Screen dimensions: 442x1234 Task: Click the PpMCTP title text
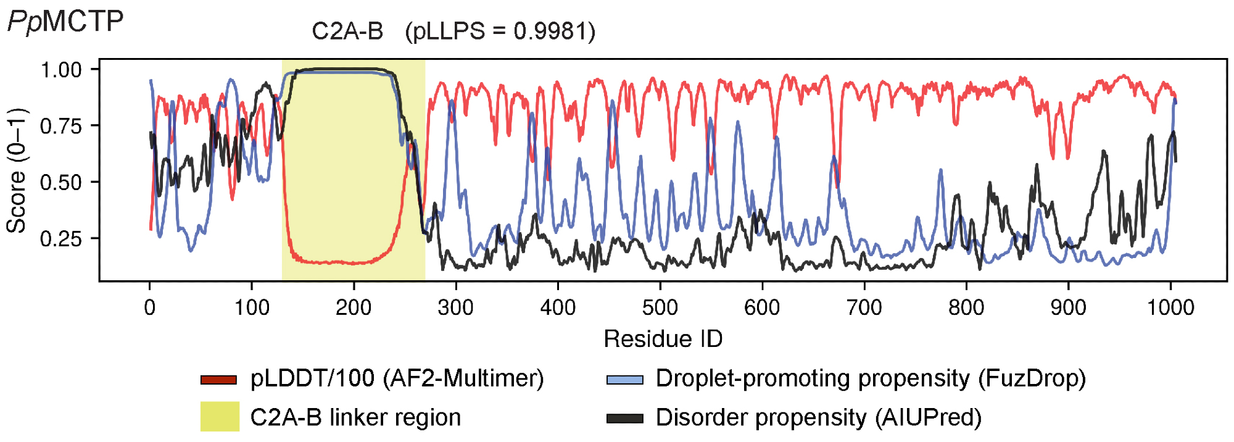pos(65,22)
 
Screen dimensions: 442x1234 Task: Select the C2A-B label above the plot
pos(347,31)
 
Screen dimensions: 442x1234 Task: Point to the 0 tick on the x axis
pos(150,307)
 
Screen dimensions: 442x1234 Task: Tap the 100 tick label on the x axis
pos(252,307)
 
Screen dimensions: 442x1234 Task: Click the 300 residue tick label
pos(456,307)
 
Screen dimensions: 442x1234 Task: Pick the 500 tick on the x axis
pos(660,307)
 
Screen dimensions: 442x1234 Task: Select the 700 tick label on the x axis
pos(864,307)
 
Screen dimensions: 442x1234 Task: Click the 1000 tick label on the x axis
pos(1170,307)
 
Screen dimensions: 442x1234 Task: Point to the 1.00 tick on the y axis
pos(61,70)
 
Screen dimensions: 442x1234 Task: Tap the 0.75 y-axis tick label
pos(61,127)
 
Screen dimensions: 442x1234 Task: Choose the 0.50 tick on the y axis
pos(61,183)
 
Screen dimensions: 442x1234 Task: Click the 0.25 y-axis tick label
pos(61,239)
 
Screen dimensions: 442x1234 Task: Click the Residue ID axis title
pos(663,338)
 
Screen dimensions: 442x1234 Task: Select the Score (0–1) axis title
pos(17,170)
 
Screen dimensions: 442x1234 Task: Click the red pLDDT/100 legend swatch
pos(218,380)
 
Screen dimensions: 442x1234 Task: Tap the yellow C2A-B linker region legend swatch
pos(220,417)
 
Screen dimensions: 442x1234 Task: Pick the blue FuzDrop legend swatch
pos(624,380)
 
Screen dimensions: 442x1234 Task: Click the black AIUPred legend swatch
pos(624,419)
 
